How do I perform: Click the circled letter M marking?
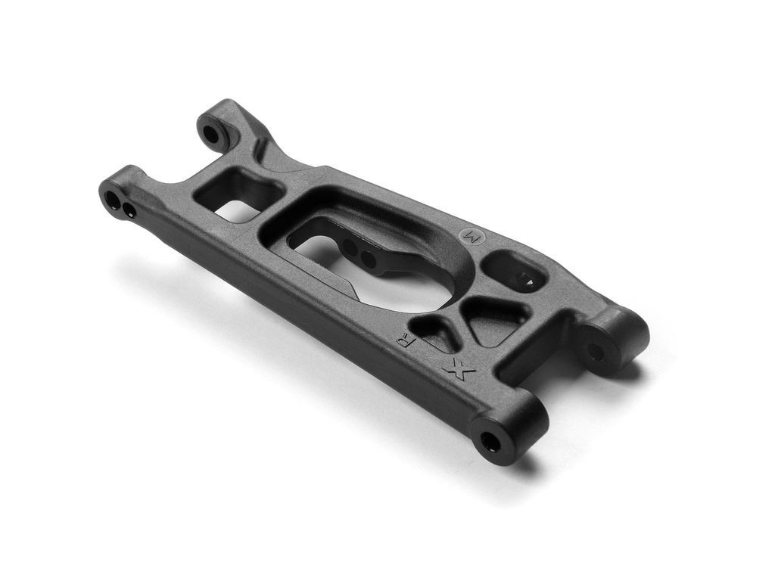466,235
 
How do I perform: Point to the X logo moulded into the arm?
459,368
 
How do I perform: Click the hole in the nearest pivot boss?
490,440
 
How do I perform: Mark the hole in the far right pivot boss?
596,351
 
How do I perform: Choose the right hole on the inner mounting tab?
369,259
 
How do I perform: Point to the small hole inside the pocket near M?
524,278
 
